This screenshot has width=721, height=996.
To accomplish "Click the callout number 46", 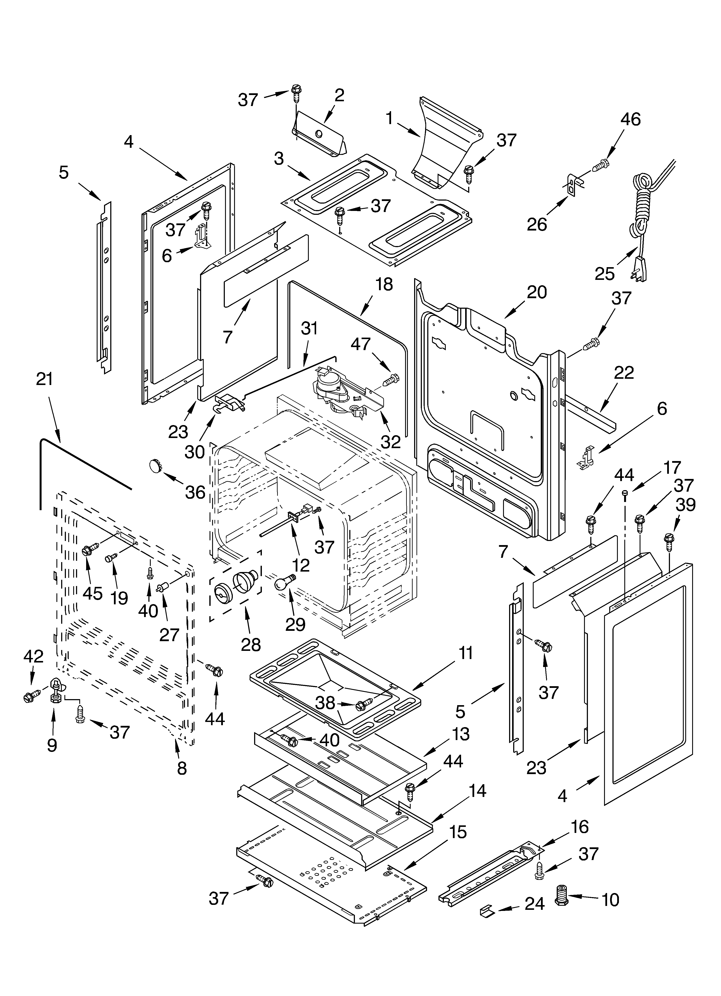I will click(631, 119).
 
